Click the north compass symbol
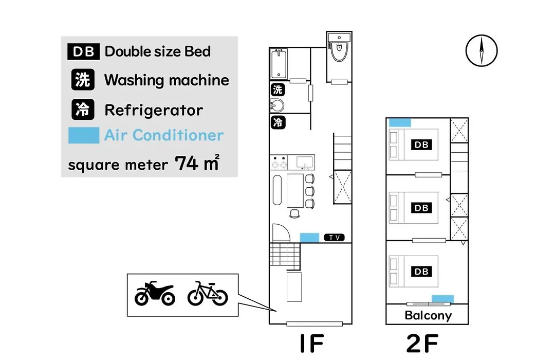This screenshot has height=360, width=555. coord(482,51)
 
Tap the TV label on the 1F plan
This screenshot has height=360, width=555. coord(335,238)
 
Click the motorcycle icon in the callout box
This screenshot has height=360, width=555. coord(155,293)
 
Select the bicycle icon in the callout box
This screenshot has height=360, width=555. coord(208,293)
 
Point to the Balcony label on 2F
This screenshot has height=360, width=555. coord(428,315)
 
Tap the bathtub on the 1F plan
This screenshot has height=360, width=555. coord(279,64)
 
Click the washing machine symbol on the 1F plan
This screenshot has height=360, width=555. coord(278,89)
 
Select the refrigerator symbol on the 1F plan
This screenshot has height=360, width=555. coord(278,122)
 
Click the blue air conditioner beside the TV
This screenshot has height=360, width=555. coord(309,238)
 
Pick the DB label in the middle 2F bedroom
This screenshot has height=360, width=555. coord(421,208)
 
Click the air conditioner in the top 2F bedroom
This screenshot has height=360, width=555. coord(400,122)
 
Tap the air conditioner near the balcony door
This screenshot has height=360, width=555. coord(442,299)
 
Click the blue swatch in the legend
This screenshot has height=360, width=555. coord(84,135)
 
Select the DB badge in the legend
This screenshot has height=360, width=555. coord(84,52)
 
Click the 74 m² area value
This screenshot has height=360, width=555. coord(197,163)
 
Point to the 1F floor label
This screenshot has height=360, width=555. coord(312,343)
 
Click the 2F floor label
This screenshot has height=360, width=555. coord(422,343)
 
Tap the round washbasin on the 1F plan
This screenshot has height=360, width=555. coord(277,105)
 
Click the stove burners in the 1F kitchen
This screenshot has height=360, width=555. coord(279,163)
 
